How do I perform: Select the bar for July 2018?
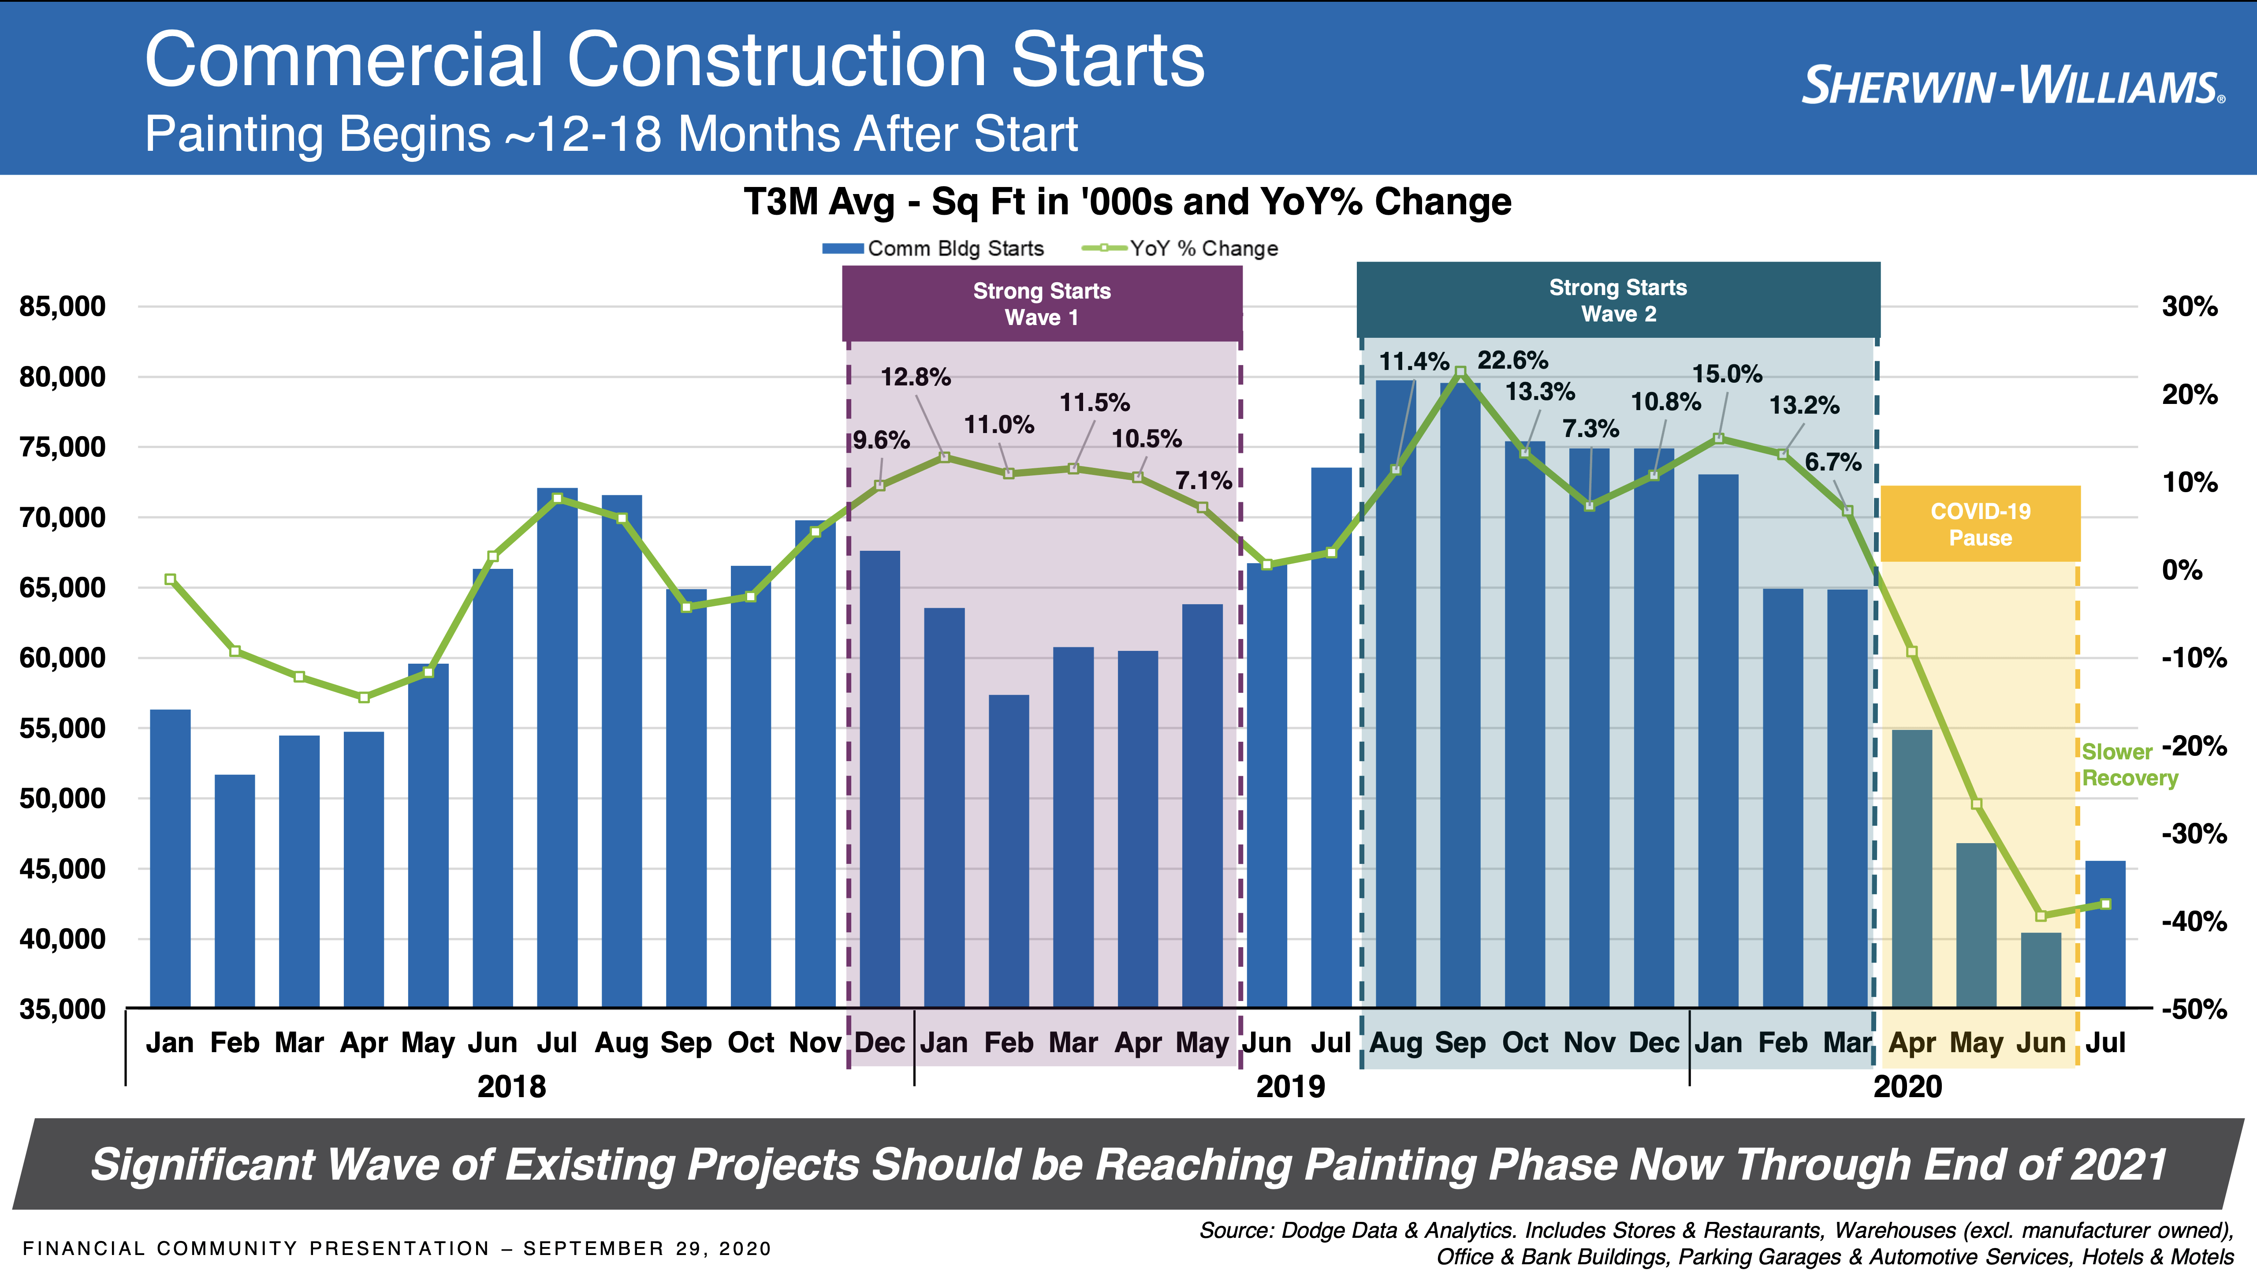click(557, 745)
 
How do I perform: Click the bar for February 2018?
click(235, 889)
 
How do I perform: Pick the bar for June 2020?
click(2041, 968)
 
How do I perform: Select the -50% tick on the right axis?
click(2193, 1009)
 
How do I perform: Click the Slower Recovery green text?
click(2128, 764)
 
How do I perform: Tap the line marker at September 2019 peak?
click(1460, 373)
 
